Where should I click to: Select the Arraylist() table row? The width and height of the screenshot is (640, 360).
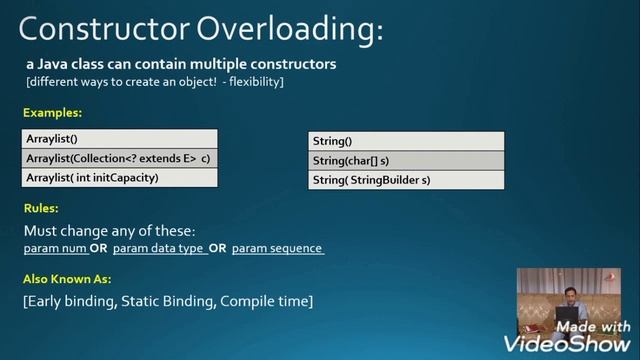(119, 139)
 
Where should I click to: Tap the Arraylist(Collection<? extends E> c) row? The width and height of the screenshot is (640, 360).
(119, 158)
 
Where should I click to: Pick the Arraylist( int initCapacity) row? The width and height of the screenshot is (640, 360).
(119, 177)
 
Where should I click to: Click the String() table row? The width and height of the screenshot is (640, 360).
(407, 142)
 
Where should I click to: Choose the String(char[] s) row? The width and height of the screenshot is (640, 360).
(407, 161)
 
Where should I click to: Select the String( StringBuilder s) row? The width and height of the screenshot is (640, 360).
(407, 180)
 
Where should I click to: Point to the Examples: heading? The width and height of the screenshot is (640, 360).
(52, 113)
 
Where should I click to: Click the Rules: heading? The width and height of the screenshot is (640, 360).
(41, 209)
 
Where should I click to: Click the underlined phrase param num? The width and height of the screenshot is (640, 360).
(55, 248)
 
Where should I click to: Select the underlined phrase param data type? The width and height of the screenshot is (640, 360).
(159, 248)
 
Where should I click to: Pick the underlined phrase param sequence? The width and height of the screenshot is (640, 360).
(278, 248)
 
